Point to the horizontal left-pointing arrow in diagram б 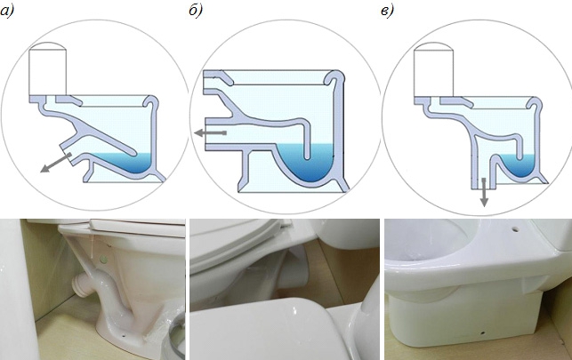[x=211, y=132]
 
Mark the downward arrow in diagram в [x=483, y=191]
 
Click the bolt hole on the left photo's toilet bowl [x=104, y=259]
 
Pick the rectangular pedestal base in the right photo [x=467, y=320]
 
